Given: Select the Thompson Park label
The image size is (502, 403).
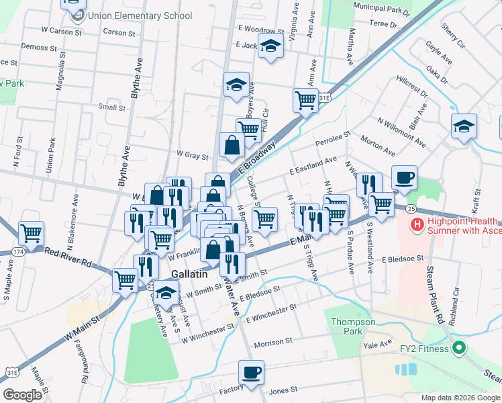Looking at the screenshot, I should click(x=353, y=326).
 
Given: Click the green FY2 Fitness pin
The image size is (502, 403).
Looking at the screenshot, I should click(x=458, y=348).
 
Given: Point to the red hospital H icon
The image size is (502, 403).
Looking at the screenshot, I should click(x=417, y=224).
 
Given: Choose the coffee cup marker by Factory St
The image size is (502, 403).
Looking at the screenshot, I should click(x=251, y=373).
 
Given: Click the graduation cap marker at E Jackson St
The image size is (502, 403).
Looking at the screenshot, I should click(x=270, y=48).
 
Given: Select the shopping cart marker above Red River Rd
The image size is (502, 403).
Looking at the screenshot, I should click(x=32, y=234).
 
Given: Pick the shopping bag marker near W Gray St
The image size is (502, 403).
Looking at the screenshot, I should click(x=232, y=145).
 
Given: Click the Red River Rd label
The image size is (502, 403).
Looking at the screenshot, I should click(x=68, y=254).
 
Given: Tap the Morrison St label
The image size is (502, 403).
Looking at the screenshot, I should click(x=273, y=343).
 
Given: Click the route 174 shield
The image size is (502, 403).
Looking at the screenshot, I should click(x=18, y=251).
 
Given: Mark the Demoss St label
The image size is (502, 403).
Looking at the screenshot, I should click(x=39, y=48).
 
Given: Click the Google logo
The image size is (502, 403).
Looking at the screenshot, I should click(x=21, y=395).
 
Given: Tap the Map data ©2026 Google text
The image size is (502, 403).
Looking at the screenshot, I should click(x=460, y=397).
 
